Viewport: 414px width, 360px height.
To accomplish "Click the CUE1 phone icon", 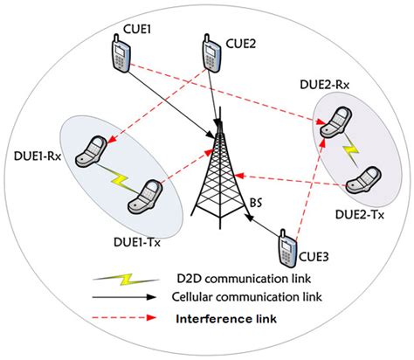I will (121, 54).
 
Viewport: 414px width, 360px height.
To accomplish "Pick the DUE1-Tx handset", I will (145, 197).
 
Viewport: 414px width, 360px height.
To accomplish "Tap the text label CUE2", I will (241, 40).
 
